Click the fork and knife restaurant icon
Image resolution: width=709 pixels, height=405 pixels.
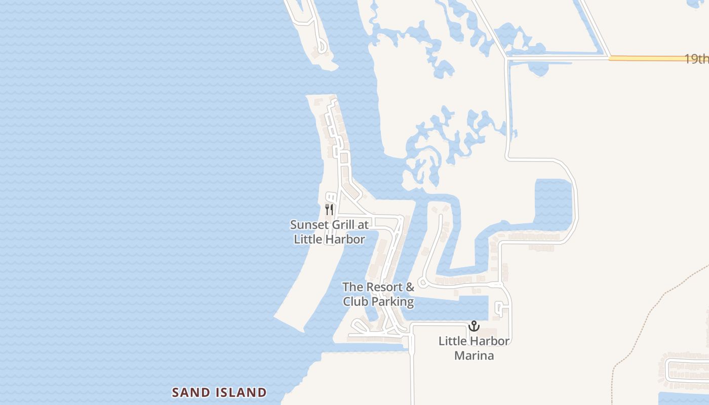coord(329,209)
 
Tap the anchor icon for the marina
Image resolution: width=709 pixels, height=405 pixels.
coord(474,326)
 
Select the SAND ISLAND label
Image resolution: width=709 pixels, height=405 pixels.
coord(219,392)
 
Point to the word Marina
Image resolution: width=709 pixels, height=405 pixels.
coord(474,355)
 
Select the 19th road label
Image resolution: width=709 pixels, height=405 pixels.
coord(697,59)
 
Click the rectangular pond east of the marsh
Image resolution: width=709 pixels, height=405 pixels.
coord(553,202)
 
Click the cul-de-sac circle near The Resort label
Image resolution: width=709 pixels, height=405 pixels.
coord(421,283)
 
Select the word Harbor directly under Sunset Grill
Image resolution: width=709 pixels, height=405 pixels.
coord(347,239)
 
